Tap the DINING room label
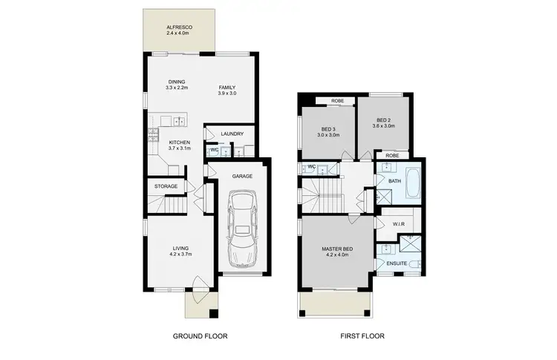coord(177,81)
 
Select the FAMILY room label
coord(227,88)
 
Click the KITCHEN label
coord(179,142)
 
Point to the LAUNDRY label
coord(232,134)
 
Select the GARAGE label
coord(242,177)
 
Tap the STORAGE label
coord(166,186)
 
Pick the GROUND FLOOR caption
coord(200,336)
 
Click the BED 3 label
coord(328,129)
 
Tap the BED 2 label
coord(383,120)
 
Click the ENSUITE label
coord(396,264)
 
